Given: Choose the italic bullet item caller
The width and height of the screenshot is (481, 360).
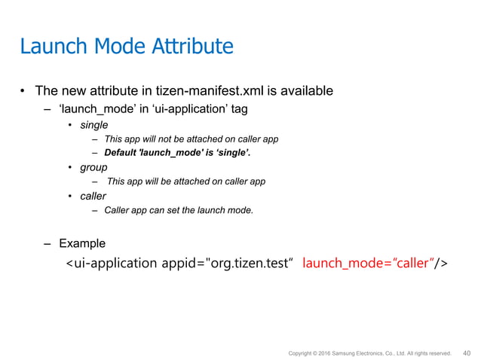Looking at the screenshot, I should pyautogui.click(x=94, y=196).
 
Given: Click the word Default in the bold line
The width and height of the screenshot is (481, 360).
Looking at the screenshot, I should pyautogui.click(x=123, y=153).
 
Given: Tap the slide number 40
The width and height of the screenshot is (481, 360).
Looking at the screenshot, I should pyautogui.click(x=466, y=351).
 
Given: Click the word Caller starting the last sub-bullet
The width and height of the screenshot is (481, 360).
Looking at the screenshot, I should pyautogui.click(x=118, y=210).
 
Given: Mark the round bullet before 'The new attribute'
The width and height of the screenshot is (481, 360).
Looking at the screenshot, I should pyautogui.click(x=23, y=93).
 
